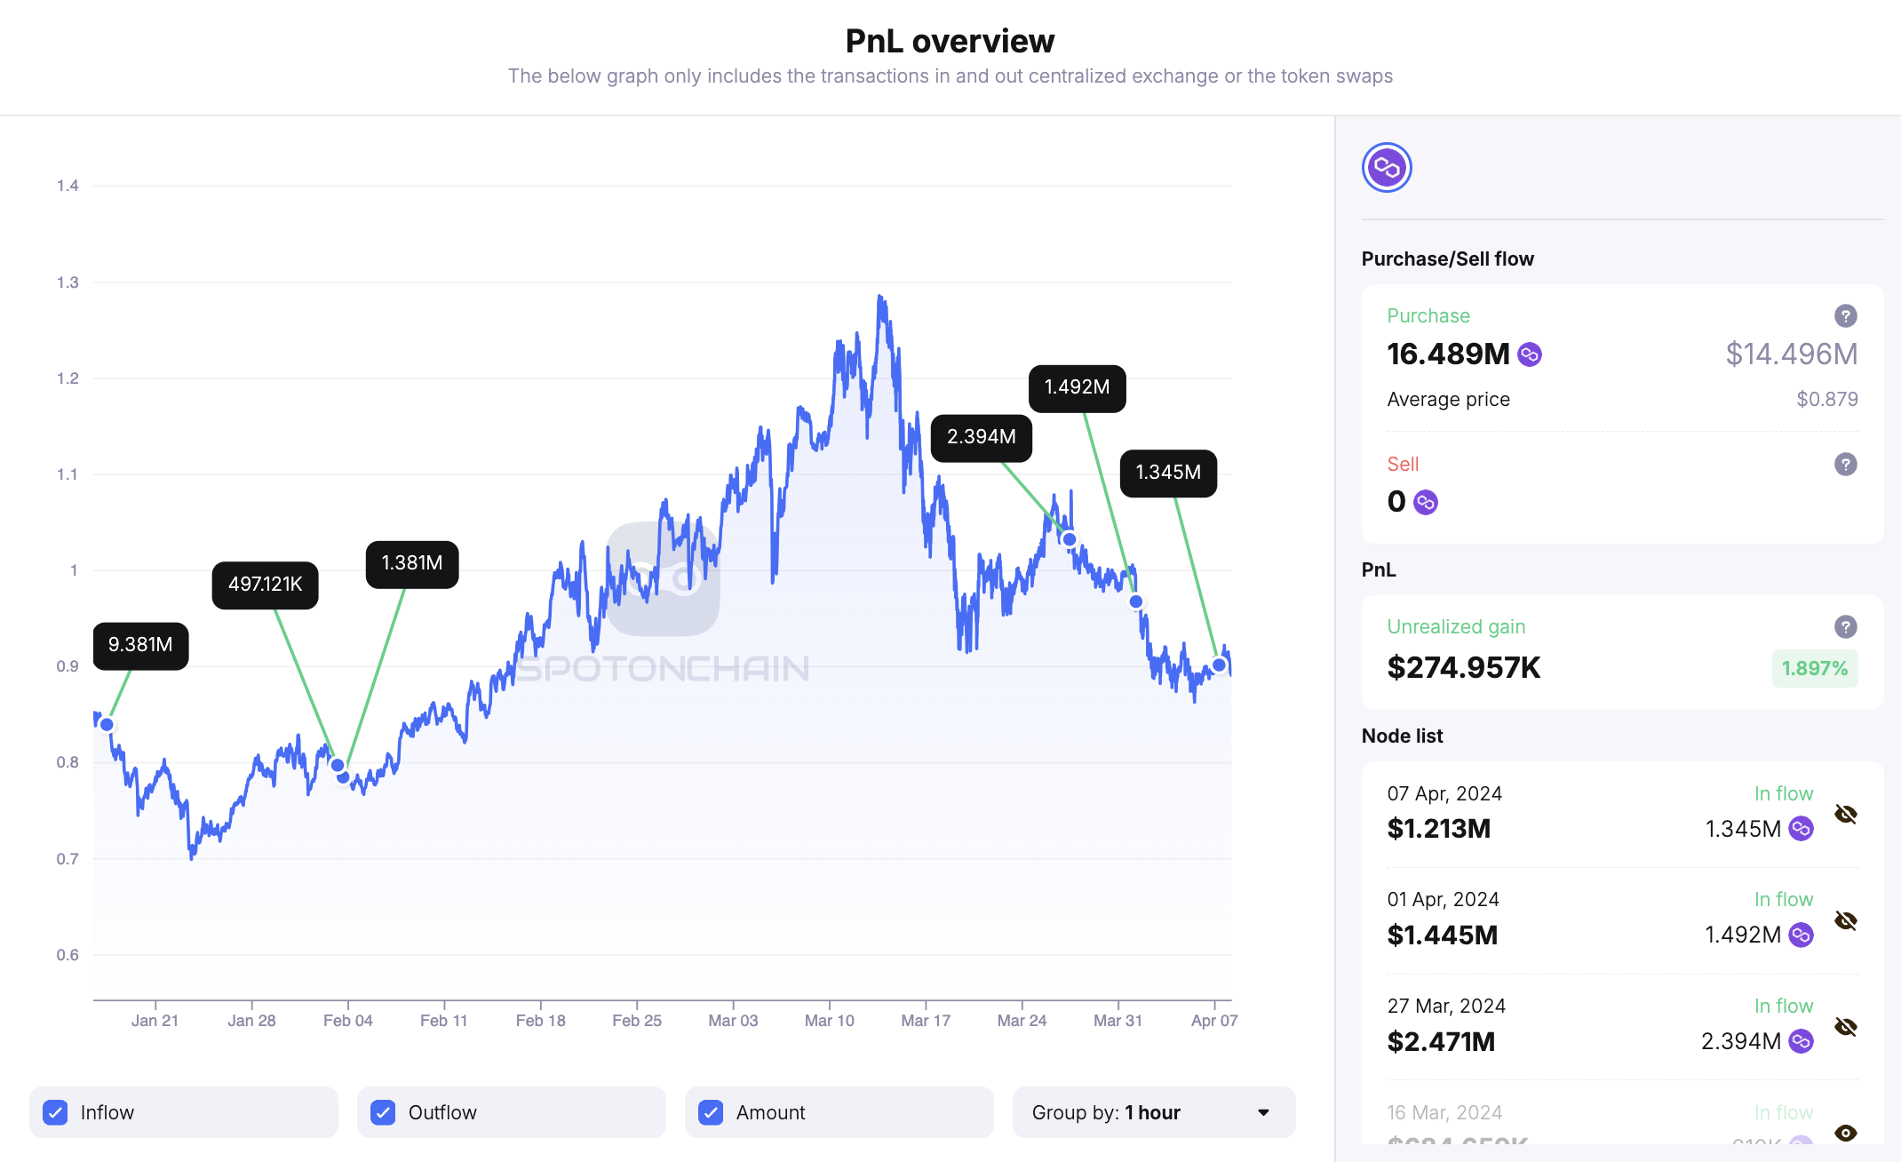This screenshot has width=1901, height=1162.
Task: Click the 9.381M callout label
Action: point(140,645)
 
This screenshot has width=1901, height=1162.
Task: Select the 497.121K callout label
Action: point(265,585)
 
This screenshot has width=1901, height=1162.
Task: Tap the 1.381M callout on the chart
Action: point(412,563)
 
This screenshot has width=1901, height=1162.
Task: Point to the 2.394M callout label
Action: point(981,437)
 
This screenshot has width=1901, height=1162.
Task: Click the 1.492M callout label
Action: point(1077,387)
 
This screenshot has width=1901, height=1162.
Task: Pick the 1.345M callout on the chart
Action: point(1168,473)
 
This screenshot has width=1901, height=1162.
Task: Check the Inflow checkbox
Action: point(55,1112)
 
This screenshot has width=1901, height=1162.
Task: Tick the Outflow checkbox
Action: point(383,1112)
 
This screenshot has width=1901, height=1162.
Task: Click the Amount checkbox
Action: point(711,1112)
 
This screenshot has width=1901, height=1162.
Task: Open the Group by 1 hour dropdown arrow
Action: point(1263,1112)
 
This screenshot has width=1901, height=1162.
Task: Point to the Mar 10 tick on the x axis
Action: point(829,1020)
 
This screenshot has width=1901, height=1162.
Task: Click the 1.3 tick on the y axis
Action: point(68,283)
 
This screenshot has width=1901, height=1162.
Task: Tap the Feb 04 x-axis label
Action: point(347,1020)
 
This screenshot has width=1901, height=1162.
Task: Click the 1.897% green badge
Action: point(1814,668)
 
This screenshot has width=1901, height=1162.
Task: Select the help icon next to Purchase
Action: point(1845,315)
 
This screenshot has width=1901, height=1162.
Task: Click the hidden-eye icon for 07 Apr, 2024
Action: point(1845,814)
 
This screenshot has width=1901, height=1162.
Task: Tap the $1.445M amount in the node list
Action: point(1442,935)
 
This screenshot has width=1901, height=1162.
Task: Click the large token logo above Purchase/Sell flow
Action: point(1387,167)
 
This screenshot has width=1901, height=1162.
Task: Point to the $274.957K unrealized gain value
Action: point(1463,667)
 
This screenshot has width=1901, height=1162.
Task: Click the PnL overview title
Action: point(950,41)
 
